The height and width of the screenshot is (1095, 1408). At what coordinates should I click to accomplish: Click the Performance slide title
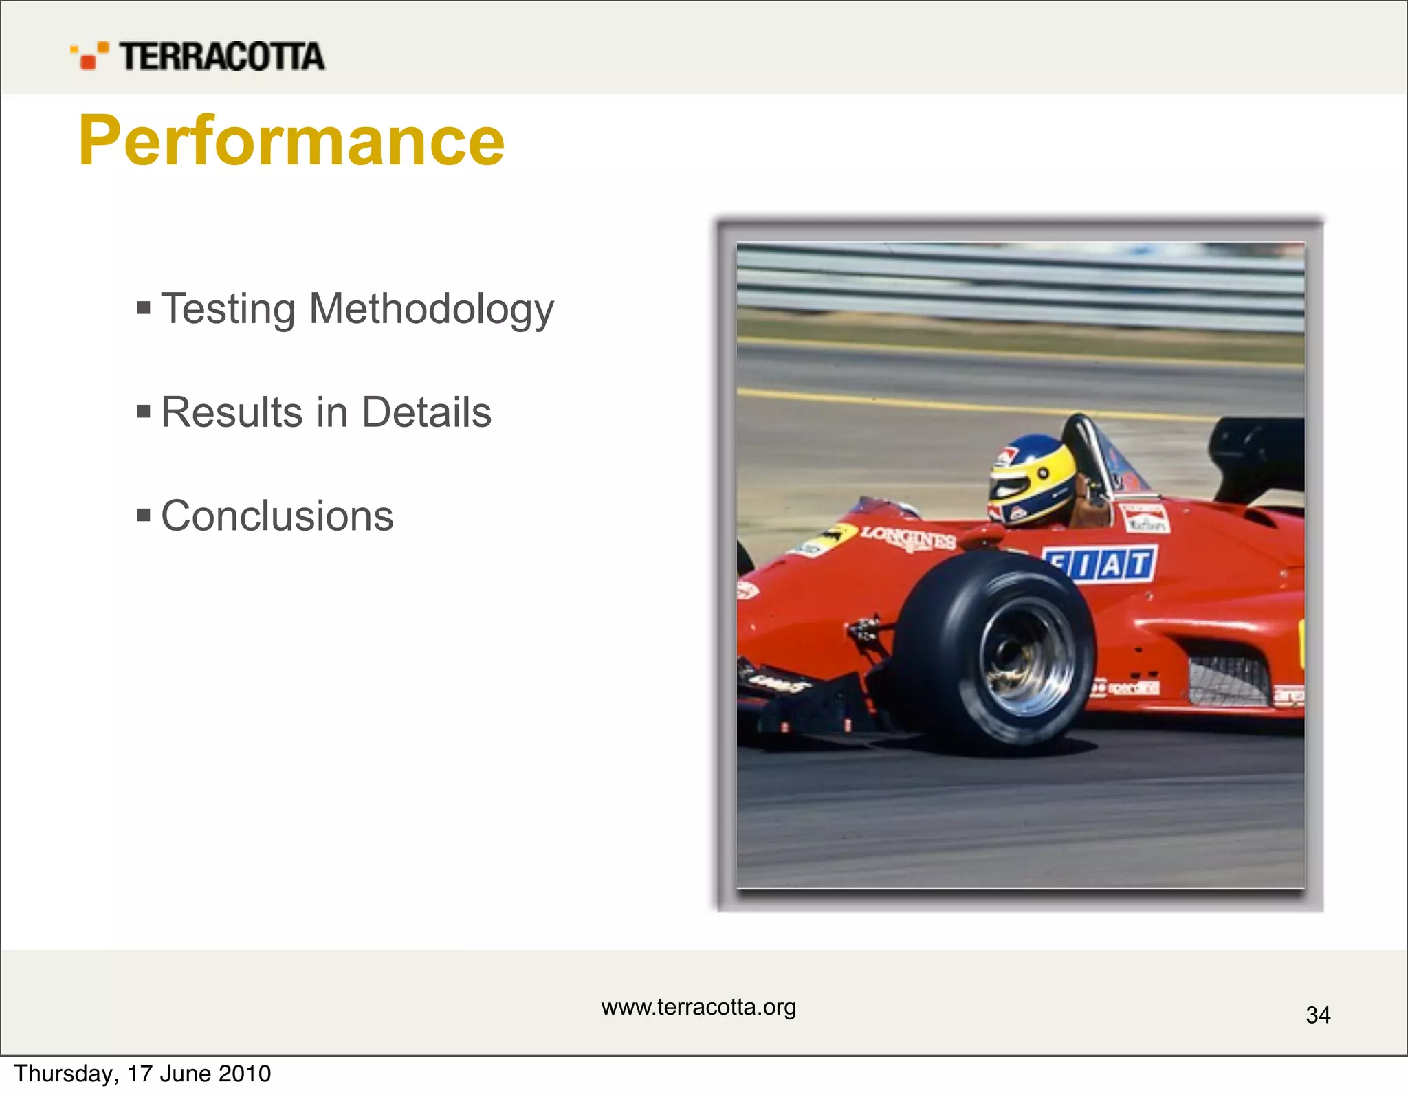click(x=291, y=141)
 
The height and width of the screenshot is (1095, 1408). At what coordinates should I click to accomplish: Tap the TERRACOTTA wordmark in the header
click(x=221, y=56)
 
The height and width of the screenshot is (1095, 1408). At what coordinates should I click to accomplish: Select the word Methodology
click(x=431, y=309)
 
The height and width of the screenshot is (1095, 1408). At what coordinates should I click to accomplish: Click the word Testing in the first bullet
click(x=228, y=309)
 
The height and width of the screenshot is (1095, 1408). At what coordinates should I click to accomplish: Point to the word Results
click(x=232, y=412)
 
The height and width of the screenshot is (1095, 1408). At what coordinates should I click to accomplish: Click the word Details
click(x=426, y=412)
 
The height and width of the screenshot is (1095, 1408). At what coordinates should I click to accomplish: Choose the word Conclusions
click(x=277, y=516)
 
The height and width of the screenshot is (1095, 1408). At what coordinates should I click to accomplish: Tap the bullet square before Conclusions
click(x=144, y=515)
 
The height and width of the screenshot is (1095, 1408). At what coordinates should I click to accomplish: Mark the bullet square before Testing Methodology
click(x=144, y=307)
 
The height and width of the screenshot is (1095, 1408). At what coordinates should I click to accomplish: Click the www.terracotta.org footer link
click(x=698, y=1007)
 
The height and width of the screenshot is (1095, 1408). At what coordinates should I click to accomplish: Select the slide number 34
click(x=1317, y=1015)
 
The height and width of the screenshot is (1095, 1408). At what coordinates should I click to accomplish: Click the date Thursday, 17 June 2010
click(x=142, y=1074)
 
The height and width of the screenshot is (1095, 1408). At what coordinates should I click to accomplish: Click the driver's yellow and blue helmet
click(x=1029, y=479)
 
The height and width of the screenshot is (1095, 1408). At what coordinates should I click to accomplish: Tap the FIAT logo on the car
click(x=1100, y=564)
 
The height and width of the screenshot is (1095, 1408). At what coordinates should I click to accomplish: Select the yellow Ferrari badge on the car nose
click(x=834, y=535)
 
